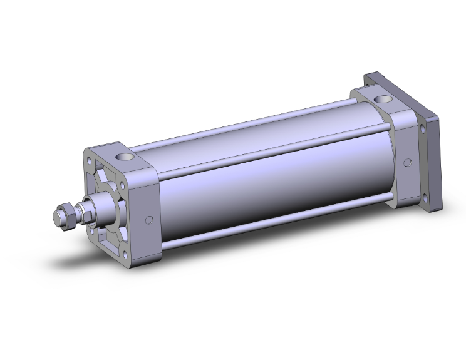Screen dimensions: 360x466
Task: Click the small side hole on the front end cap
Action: [149, 220]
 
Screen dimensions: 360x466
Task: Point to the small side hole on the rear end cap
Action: [408, 162]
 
